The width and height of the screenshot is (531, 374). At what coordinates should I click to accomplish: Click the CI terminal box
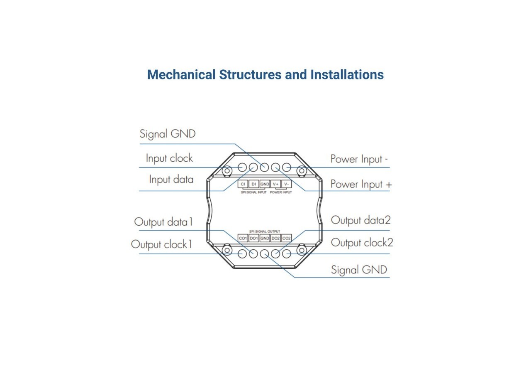click(x=243, y=184)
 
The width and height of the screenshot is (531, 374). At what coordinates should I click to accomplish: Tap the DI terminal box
click(x=254, y=184)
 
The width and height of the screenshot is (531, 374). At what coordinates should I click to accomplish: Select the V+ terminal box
click(x=276, y=184)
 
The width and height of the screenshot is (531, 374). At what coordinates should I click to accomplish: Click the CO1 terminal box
click(x=243, y=238)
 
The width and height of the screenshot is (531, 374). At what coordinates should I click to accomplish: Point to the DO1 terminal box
click(x=254, y=238)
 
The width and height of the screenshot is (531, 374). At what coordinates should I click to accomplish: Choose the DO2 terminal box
click(x=275, y=238)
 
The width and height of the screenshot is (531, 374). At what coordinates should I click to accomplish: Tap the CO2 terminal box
click(x=287, y=238)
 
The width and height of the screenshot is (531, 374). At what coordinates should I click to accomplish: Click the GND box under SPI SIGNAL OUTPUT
click(x=265, y=238)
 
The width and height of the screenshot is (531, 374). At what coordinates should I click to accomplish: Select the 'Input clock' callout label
click(x=169, y=158)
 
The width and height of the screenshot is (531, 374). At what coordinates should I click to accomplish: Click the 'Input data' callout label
click(x=171, y=180)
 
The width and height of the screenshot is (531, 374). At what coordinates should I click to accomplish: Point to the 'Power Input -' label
click(x=359, y=159)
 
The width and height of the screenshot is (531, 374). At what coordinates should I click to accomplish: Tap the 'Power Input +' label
click(x=360, y=184)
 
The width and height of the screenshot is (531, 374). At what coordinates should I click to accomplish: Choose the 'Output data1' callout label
click(x=163, y=222)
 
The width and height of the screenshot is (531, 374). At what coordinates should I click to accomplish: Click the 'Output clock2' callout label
click(x=362, y=243)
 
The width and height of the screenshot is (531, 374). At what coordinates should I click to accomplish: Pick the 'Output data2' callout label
click(x=360, y=220)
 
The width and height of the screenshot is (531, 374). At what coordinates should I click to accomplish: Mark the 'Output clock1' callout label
click(x=162, y=244)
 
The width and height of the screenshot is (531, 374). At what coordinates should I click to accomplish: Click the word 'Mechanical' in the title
click(x=181, y=75)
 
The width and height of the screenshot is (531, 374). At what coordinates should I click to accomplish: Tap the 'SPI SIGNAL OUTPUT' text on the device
click(x=265, y=231)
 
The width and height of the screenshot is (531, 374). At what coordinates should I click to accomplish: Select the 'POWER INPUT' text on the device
click(x=281, y=192)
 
